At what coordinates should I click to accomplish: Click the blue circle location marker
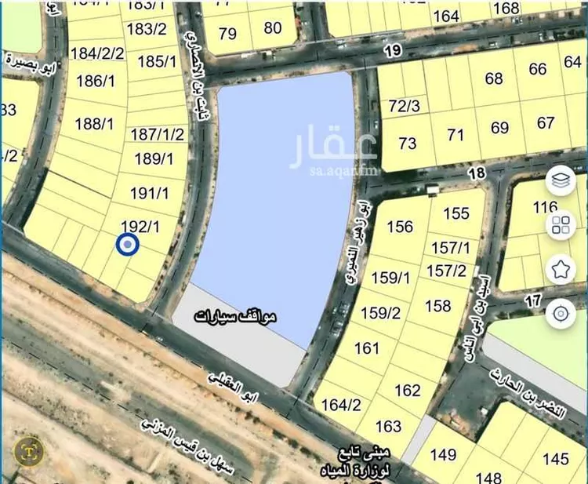[x=127, y=246]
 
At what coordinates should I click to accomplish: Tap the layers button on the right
[x=561, y=181]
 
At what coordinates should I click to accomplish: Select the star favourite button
[x=561, y=270]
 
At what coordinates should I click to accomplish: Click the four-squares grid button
[x=561, y=226]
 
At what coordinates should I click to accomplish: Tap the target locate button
[x=561, y=315]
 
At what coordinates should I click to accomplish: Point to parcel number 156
[x=400, y=227]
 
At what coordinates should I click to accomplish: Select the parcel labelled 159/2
[x=381, y=312]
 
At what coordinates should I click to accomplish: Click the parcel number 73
[x=408, y=143]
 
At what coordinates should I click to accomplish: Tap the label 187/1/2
[x=157, y=134]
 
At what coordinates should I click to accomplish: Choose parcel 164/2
[x=341, y=405]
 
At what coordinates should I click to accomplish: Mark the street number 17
[x=534, y=300]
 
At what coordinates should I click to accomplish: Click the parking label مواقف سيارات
[x=235, y=317]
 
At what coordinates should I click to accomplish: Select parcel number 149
[x=443, y=454]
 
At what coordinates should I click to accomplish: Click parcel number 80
[x=273, y=28]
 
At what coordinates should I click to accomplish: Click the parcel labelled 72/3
[x=405, y=106]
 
